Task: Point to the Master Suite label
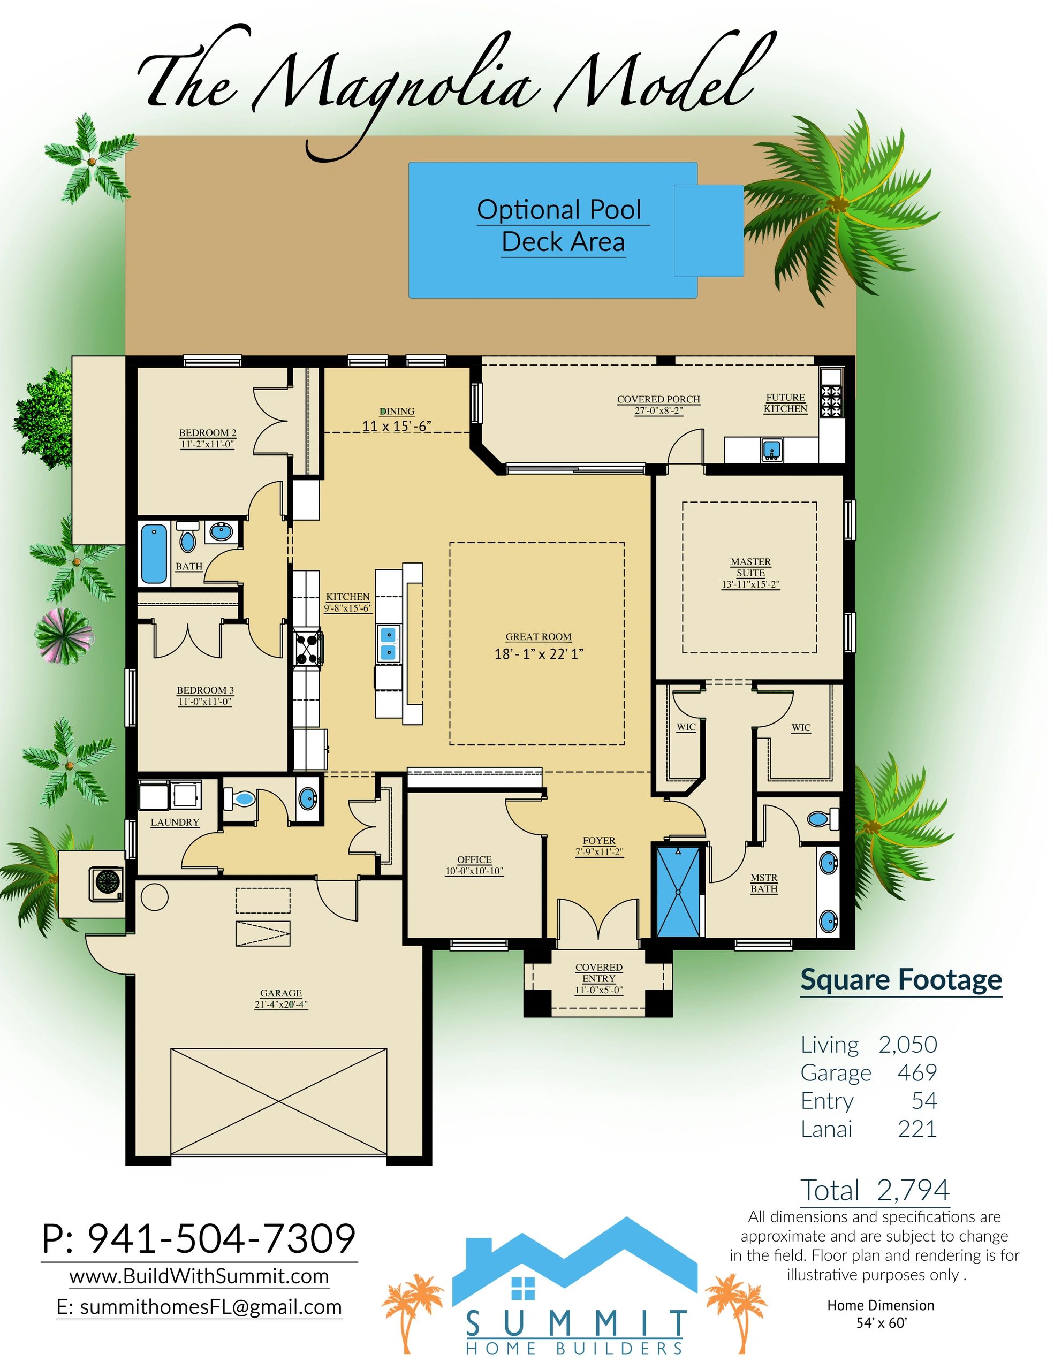pyautogui.click(x=751, y=567)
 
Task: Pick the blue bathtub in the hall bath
pyautogui.click(x=154, y=554)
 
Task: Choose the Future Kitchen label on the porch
pyautogui.click(x=785, y=403)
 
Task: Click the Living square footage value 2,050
pyautogui.click(x=908, y=1045)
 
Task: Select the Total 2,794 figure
pyautogui.click(x=875, y=1190)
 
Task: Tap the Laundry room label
pyautogui.click(x=175, y=823)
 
